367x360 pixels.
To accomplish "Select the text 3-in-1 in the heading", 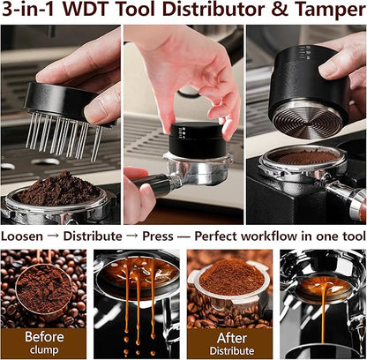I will [x=34, y=12].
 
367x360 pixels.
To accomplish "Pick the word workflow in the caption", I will [x=296, y=236].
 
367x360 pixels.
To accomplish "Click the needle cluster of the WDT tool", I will [x=62, y=136].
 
